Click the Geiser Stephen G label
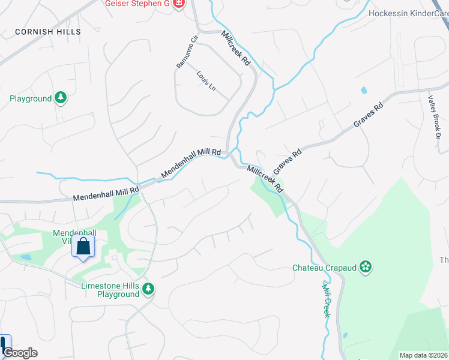pos(138,4)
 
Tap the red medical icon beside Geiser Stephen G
pos(178,4)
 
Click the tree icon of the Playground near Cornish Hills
pos(60,97)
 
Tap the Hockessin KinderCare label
pos(408,13)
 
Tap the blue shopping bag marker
pos(83,246)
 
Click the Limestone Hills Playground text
pos(110,290)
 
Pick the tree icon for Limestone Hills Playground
pos(148,290)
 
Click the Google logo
pos(19,353)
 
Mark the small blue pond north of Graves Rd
pos(363,91)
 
